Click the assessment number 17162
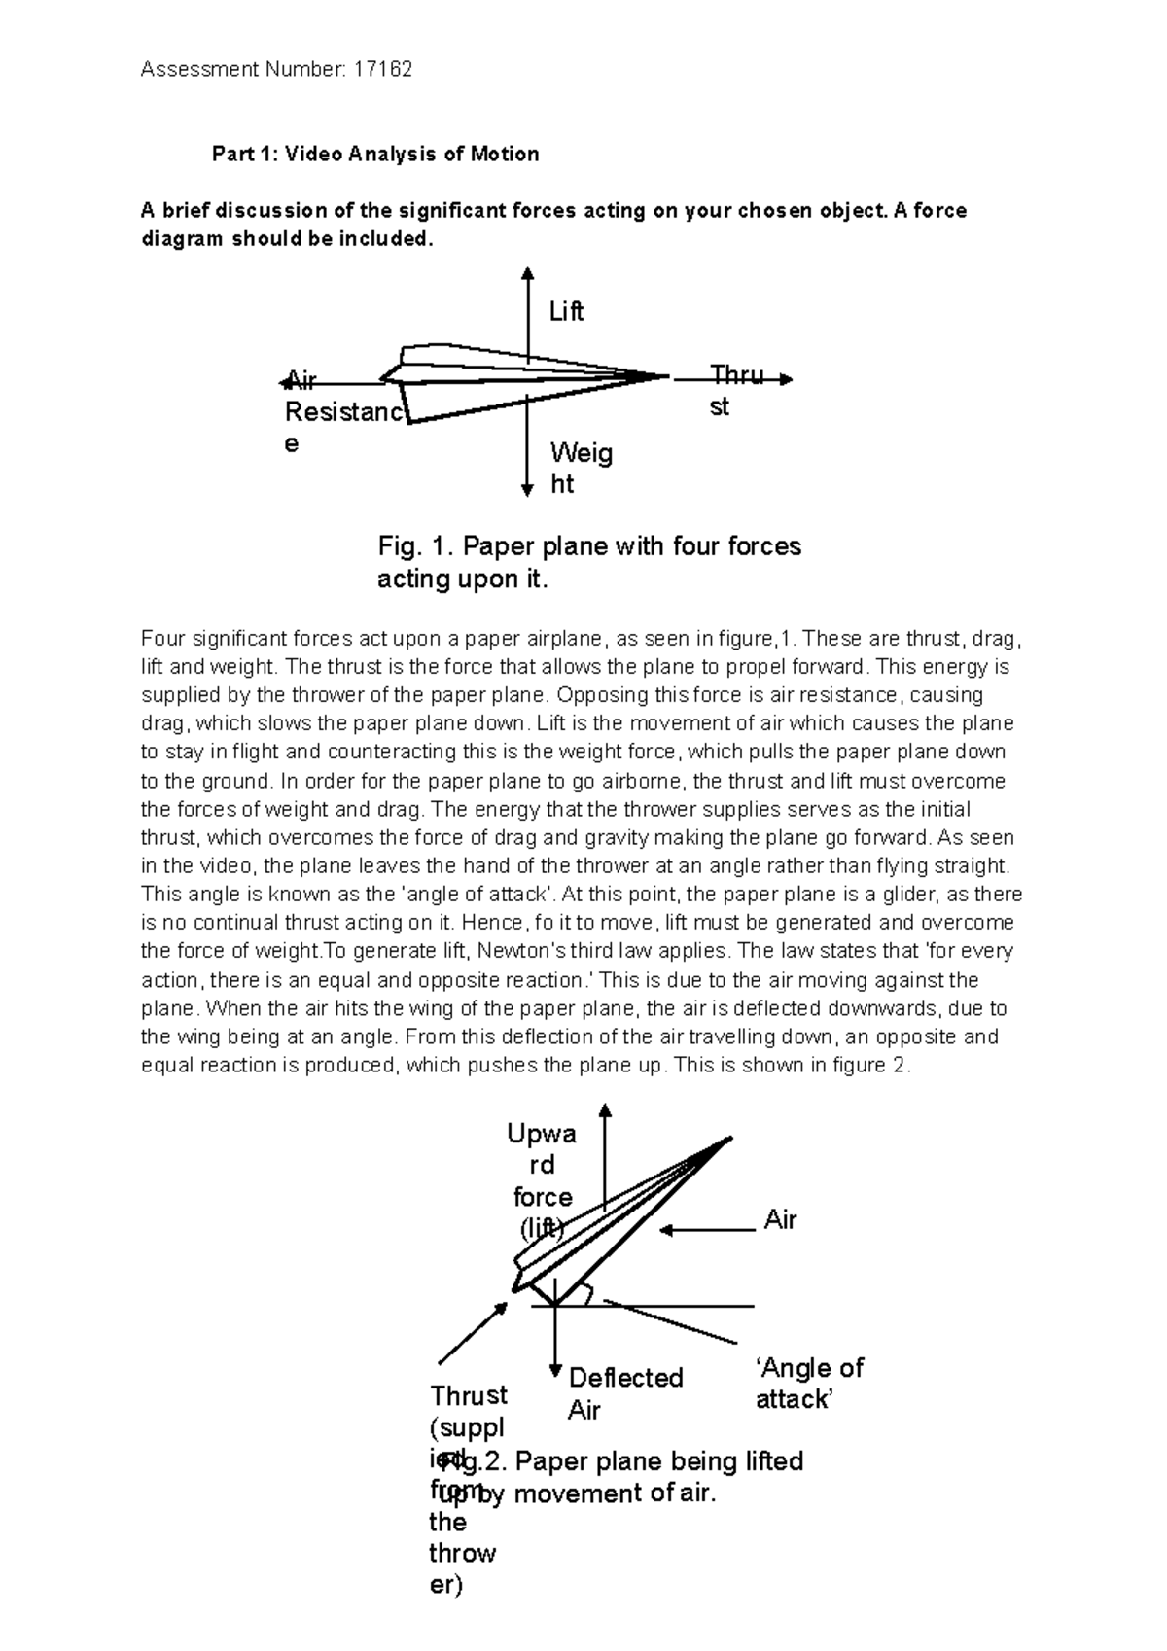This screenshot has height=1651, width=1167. coord(382,69)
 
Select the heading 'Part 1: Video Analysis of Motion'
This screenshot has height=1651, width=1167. coord(375,154)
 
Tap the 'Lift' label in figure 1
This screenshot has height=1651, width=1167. coord(566,312)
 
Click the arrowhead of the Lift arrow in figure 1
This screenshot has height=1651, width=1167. coord(527,273)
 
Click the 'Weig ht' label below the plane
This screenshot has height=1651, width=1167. coord(580,468)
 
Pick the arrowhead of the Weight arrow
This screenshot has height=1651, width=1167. coord(527,490)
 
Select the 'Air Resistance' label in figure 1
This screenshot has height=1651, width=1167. coord(342,413)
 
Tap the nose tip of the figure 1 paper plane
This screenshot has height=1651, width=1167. coord(667,375)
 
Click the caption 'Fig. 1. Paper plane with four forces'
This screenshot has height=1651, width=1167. coord(588,546)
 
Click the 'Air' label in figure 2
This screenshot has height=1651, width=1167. coord(780,1220)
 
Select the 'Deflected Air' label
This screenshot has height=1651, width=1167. coord(625,1393)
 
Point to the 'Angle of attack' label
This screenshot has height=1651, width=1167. coord(807,1384)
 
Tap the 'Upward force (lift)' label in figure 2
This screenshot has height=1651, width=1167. coord(542,1180)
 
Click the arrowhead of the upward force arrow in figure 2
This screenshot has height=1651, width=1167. coord(605,1110)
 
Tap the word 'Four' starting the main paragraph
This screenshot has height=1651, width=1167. coord(162,639)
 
